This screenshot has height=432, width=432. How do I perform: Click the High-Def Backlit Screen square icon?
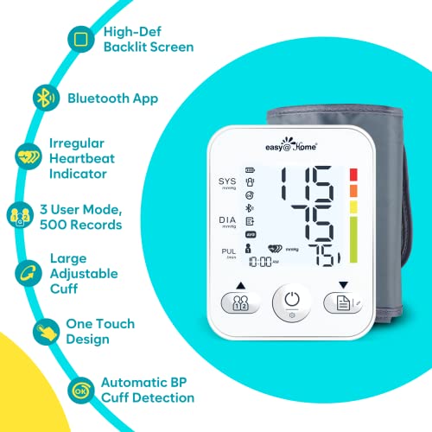click(82, 40)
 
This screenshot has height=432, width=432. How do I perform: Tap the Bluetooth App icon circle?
click(41, 98)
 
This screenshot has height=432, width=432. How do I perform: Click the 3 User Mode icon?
click(20, 216)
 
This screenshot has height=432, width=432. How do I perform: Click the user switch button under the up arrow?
click(238, 302)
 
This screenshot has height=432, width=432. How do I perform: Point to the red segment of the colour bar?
click(353, 175)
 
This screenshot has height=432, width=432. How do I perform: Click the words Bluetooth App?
click(113, 98)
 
